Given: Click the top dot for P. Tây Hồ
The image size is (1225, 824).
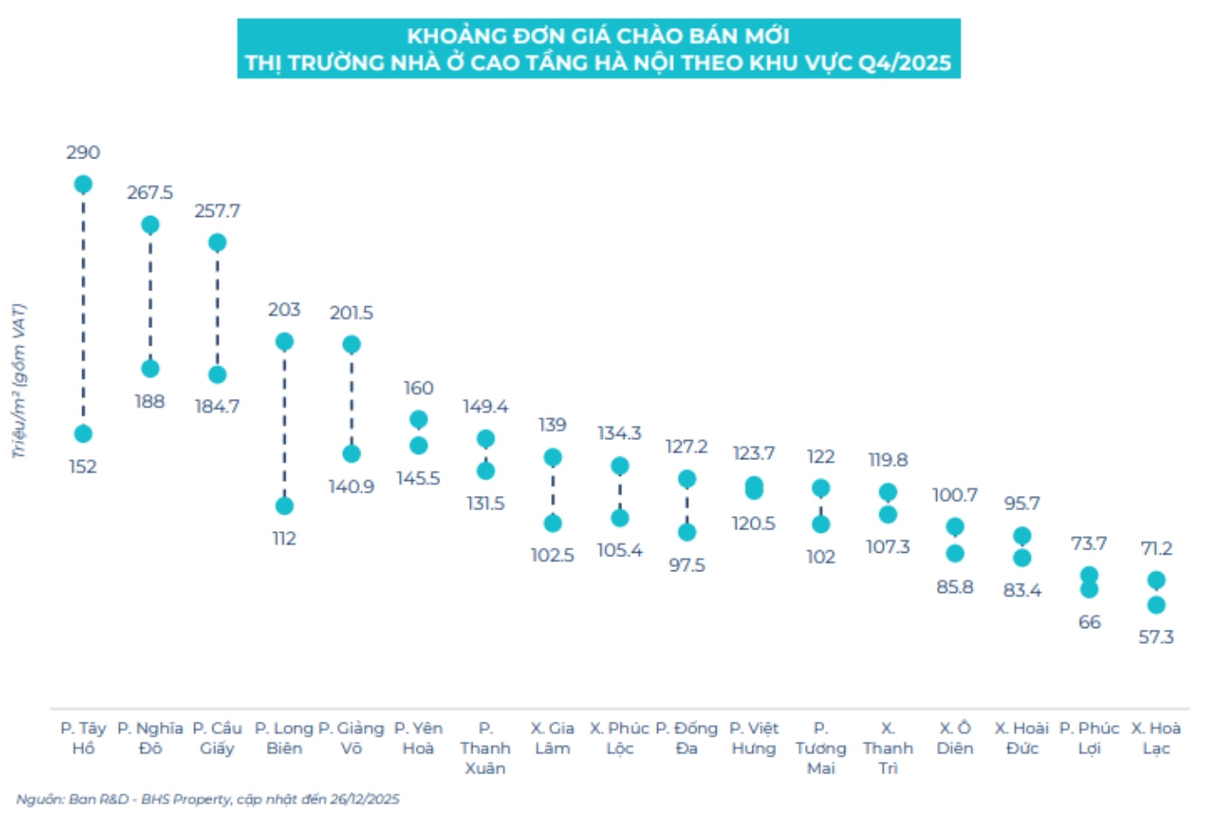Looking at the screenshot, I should click(83, 184).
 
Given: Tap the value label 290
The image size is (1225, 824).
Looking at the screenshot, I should click(83, 152).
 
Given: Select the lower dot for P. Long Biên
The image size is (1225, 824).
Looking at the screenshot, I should click(284, 506).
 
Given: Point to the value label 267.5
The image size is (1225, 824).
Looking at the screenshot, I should click(150, 192).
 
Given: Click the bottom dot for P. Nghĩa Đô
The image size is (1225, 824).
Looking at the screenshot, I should click(150, 368).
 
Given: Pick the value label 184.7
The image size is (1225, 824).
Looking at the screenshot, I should click(217, 406).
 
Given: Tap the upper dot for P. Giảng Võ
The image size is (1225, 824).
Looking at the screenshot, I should click(351, 345).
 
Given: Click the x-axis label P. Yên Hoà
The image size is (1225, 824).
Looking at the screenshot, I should click(418, 738).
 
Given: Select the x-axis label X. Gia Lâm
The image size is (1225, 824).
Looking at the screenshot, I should click(552, 738).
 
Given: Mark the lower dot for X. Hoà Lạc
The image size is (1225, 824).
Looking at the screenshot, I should click(1156, 604).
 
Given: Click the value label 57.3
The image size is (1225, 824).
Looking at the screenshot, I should click(1156, 637).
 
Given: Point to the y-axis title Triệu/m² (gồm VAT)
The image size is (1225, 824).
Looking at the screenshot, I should click(18, 381).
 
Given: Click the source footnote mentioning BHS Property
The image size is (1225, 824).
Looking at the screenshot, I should click(207, 800).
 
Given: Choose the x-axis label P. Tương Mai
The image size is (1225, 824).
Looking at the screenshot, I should click(821, 748).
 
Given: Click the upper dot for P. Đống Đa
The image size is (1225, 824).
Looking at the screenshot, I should click(687, 479).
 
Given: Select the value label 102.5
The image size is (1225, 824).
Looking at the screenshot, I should click(552, 555).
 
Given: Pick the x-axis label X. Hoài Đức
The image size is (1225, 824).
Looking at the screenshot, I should click(1021, 738).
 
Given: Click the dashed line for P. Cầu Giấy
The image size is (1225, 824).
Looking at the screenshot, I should click(217, 308).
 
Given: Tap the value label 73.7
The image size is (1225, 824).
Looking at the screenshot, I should click(1088, 543).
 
